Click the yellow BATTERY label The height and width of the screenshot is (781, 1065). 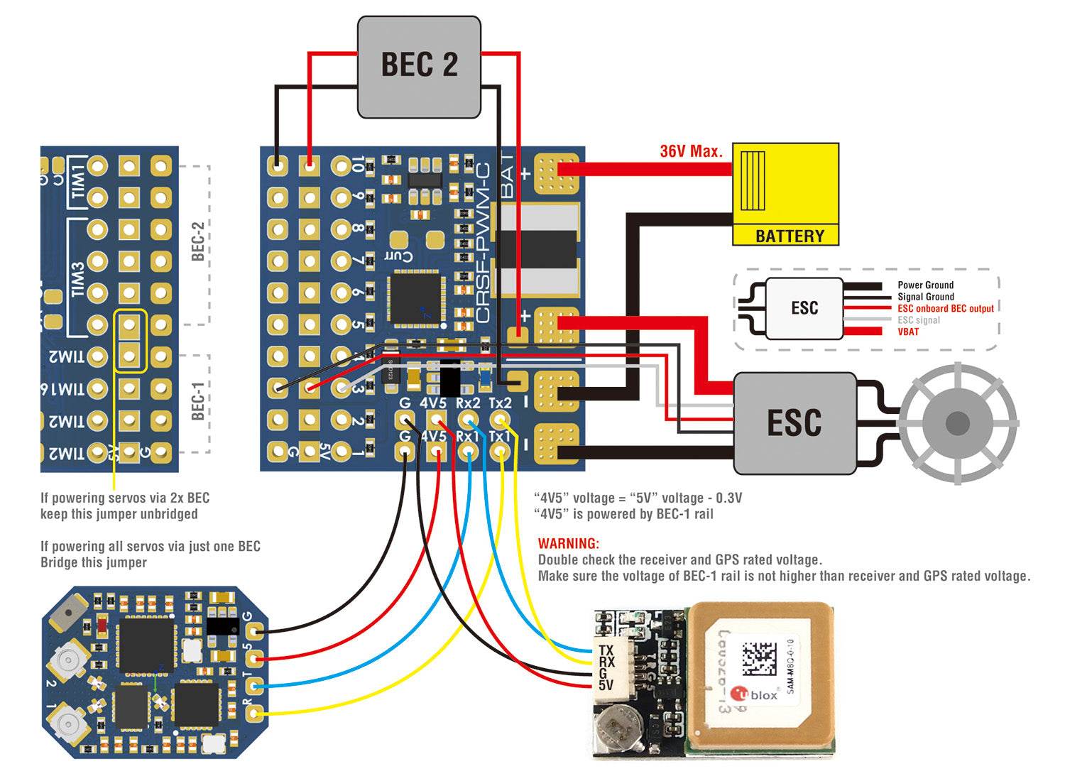coord(789,236)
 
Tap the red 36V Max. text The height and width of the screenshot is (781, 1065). coord(691,151)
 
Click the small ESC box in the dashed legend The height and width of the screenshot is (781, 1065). coord(804,308)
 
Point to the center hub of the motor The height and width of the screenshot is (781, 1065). coord(957,424)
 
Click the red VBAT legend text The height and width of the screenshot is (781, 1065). coord(907,332)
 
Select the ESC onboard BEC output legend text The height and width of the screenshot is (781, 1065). coord(945,308)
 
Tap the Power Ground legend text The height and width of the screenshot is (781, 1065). coord(925,285)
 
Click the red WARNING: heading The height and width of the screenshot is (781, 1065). coord(568,543)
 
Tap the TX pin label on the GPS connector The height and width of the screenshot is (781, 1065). coord(606,650)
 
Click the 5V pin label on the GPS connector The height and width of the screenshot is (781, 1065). coord(606,685)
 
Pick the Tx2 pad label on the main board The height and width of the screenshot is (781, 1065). coord(500,403)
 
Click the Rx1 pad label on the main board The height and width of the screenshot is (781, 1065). coord(466,435)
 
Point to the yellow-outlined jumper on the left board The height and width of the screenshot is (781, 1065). coord(129,340)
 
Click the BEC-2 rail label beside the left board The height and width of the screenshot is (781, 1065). coord(199,241)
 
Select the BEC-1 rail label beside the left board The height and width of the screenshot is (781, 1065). coord(199,401)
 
